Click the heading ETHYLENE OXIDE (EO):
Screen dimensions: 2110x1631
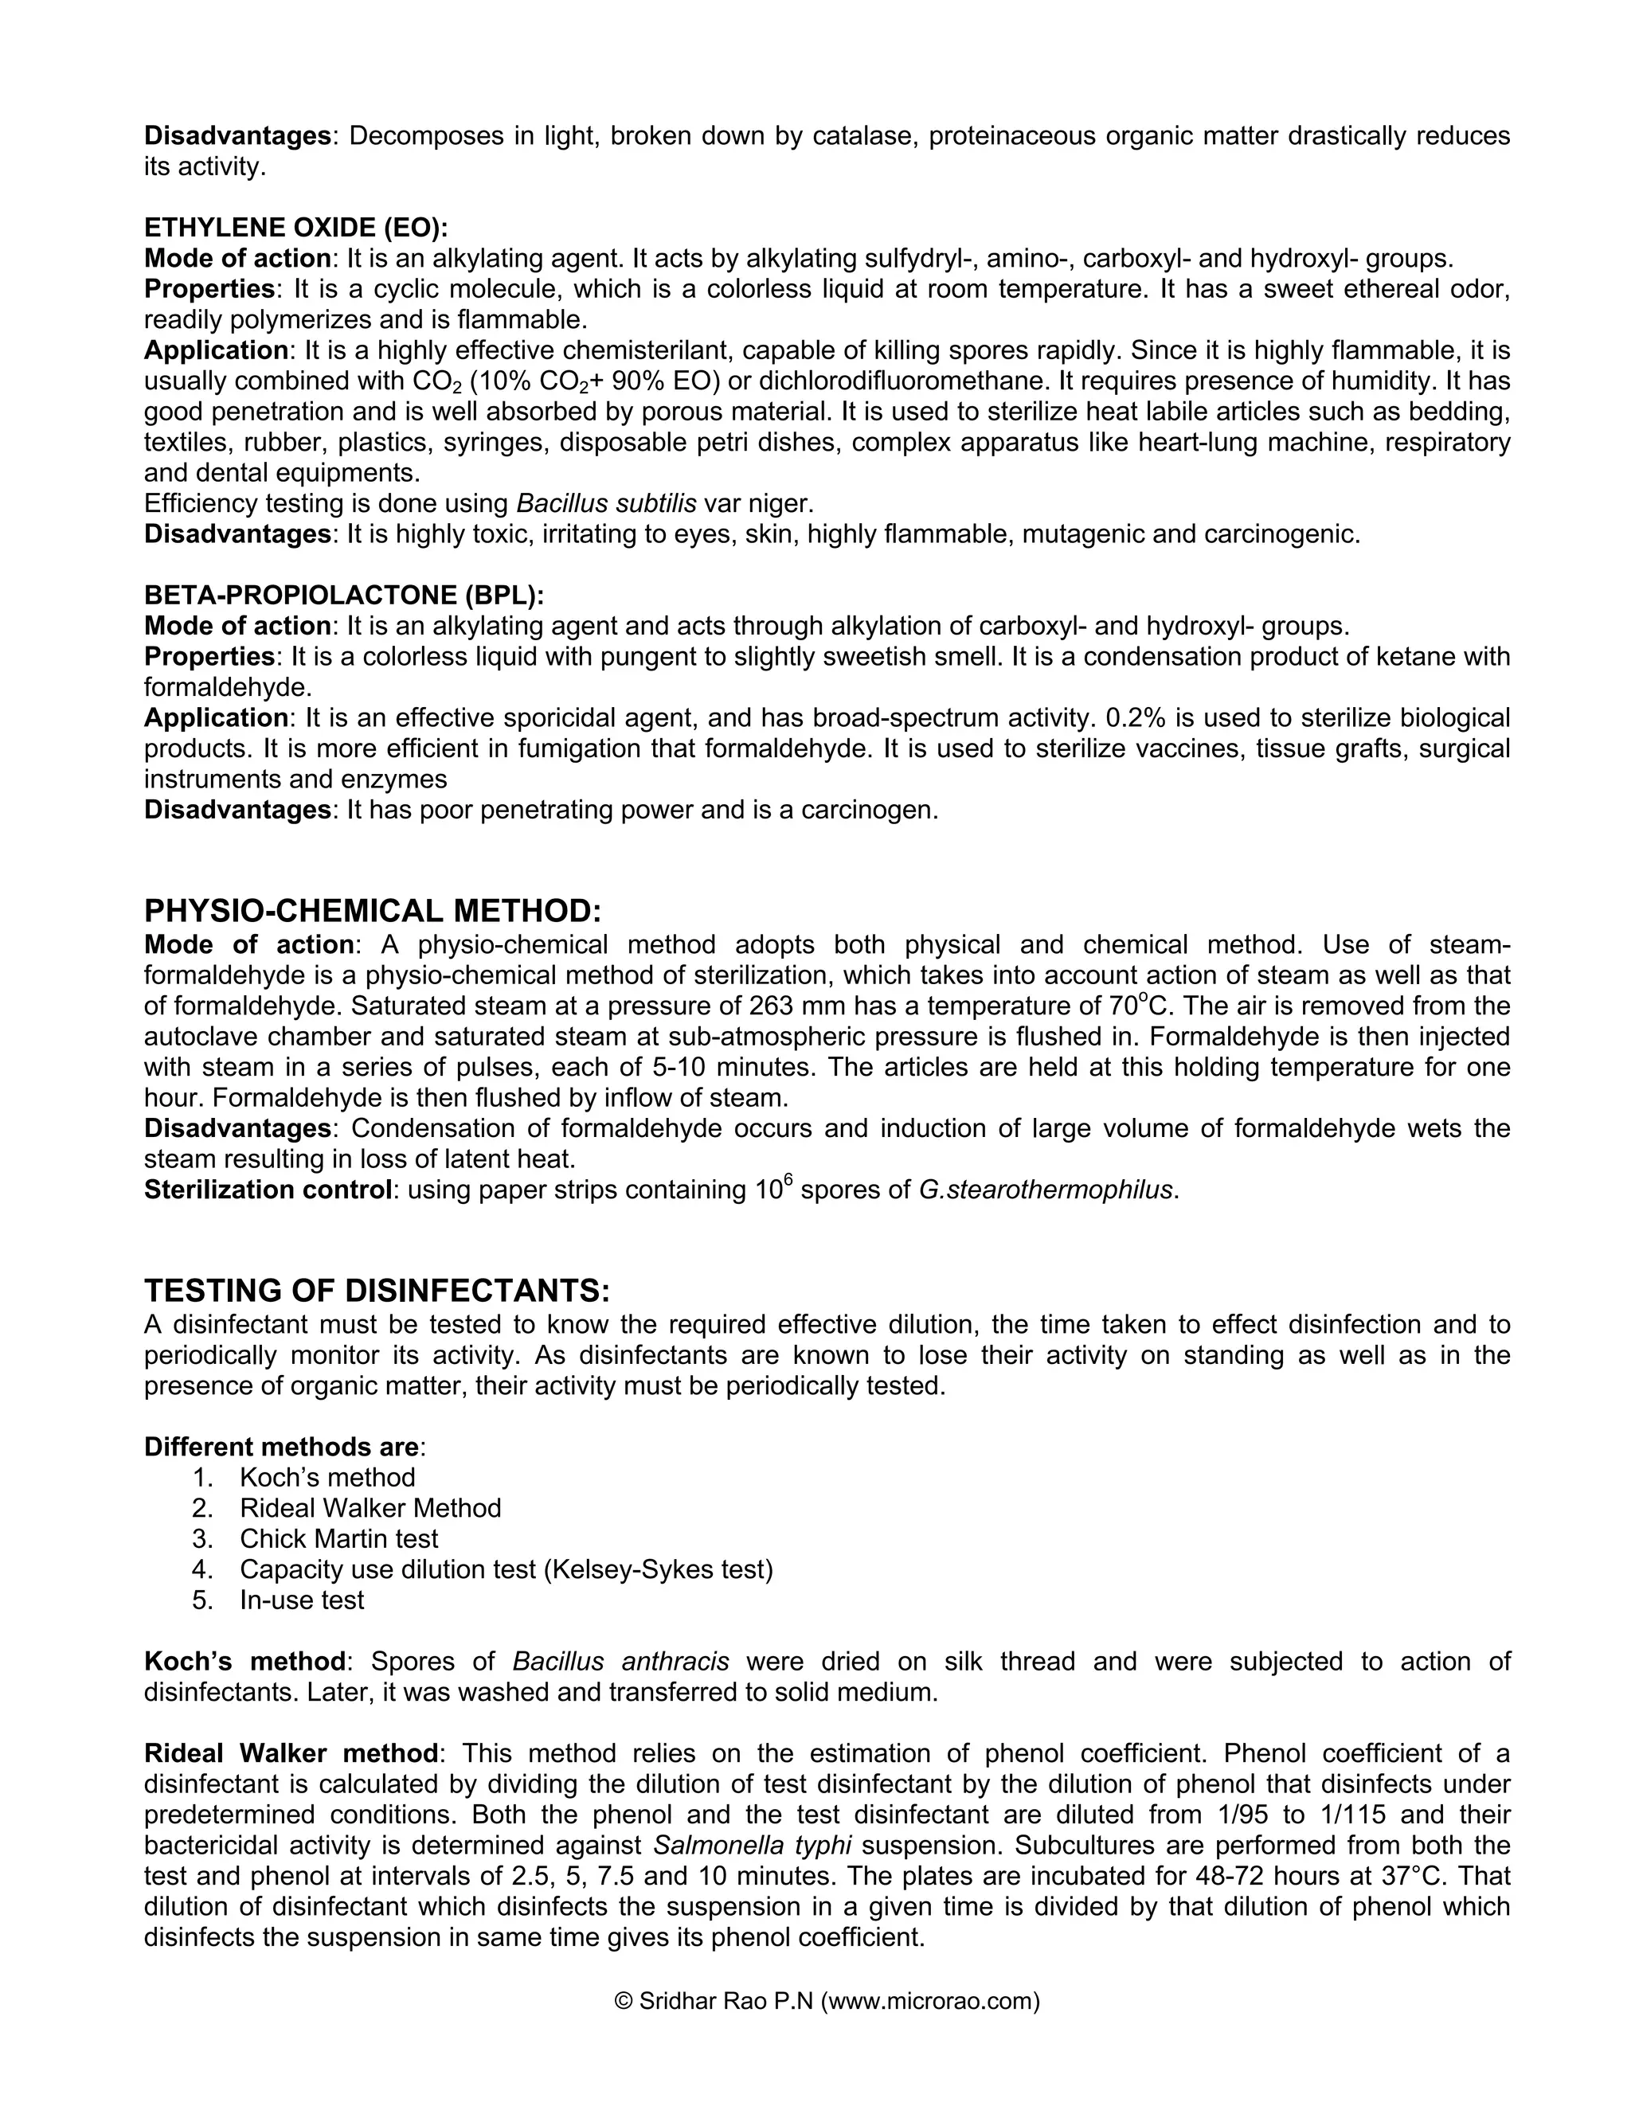pos(295,228)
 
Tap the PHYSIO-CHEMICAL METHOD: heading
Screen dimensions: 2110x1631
pos(373,910)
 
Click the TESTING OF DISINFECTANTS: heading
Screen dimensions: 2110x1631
pos(377,1291)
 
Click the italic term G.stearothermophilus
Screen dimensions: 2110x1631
pos(1046,1190)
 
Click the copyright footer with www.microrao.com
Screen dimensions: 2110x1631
pos(827,2001)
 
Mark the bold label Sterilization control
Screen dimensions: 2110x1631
pos(267,1190)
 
